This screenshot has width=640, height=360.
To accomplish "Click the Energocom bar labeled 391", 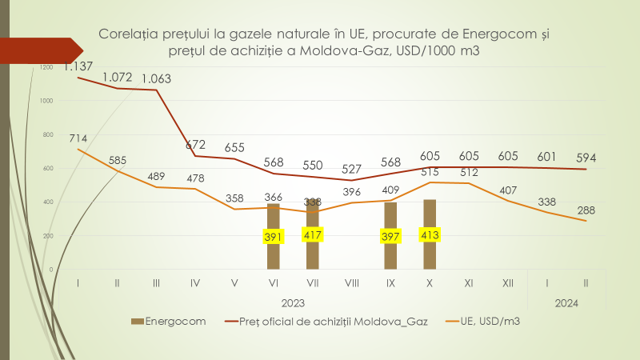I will click(x=274, y=252).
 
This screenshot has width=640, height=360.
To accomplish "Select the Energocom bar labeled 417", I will click(x=312, y=252).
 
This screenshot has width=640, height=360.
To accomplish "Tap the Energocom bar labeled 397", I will click(x=390, y=252).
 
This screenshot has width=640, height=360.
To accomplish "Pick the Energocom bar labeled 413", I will click(x=430, y=252).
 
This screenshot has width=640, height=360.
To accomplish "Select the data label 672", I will click(x=195, y=145).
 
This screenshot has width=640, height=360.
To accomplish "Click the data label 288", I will click(x=586, y=210).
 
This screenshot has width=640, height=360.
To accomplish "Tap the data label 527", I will click(x=351, y=168).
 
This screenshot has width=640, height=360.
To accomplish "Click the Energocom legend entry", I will click(x=171, y=322).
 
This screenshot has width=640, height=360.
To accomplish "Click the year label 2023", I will click(x=293, y=303).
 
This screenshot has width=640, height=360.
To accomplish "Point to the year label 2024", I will click(x=566, y=303).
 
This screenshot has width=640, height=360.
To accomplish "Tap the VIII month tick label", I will click(x=351, y=282).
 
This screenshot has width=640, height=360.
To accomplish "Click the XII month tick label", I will click(x=508, y=282).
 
